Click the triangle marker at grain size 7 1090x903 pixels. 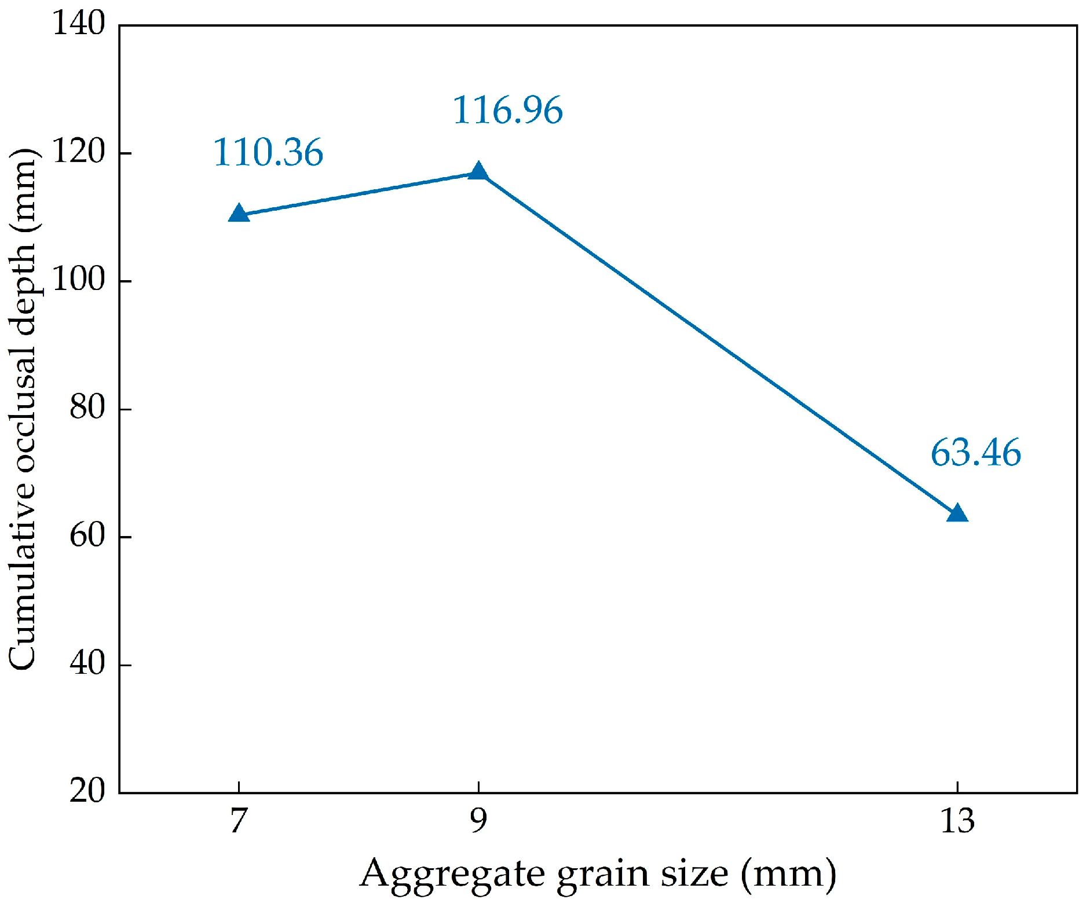click(239, 214)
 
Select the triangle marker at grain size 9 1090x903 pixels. click(478, 171)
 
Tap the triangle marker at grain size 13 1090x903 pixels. click(957, 513)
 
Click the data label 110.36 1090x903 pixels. click(268, 153)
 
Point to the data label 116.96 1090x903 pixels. click(507, 110)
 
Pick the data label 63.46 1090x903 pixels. click(975, 453)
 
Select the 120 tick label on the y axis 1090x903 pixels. click(79, 152)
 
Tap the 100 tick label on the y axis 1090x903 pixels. click(79, 280)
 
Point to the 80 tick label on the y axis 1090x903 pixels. click(87, 408)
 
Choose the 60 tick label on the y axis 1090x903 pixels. click(87, 536)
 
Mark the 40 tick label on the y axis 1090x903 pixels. click(87, 664)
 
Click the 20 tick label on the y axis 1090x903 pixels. click(87, 791)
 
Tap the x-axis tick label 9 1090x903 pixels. click(478, 821)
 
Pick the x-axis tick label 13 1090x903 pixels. click(957, 821)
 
